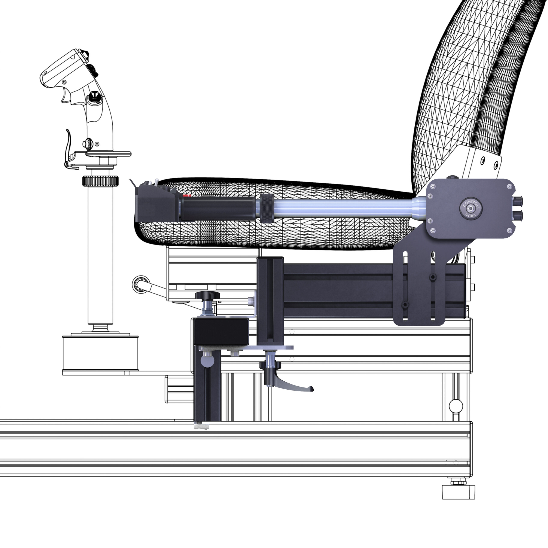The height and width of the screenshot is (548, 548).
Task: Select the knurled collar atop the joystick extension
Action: tap(100, 181)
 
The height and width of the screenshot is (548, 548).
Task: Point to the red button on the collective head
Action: tap(187, 195)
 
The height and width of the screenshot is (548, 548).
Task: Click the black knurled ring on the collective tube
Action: tap(267, 209)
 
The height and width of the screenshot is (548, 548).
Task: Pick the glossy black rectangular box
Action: tap(221, 331)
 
